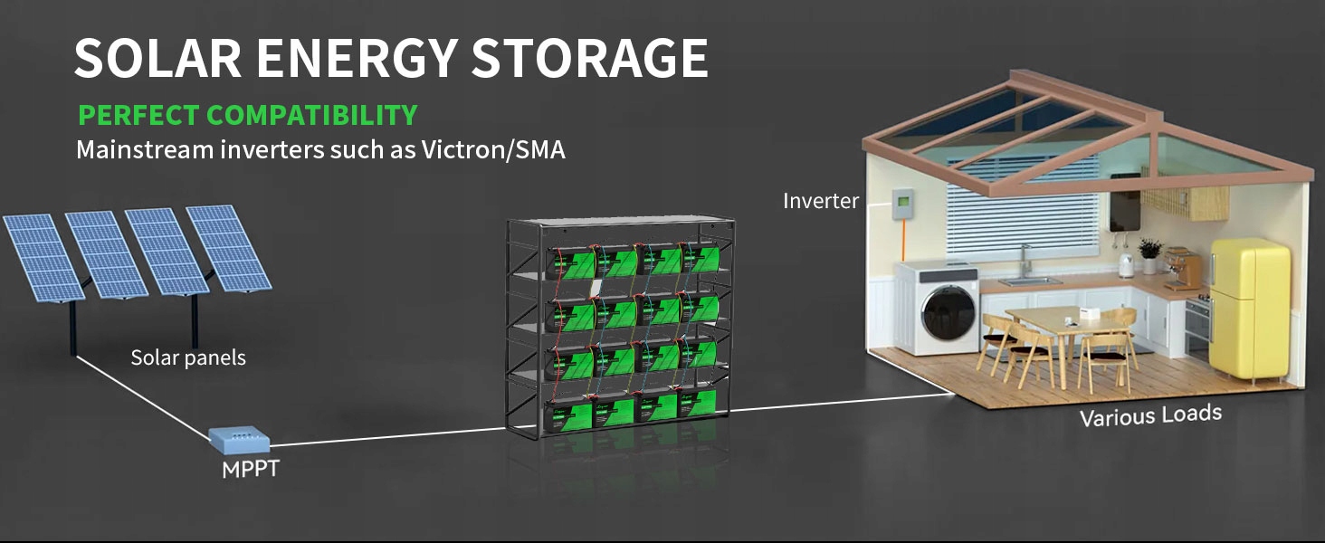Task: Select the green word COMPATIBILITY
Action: (x=312, y=115)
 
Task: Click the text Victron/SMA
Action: (x=493, y=149)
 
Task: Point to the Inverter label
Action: (x=821, y=201)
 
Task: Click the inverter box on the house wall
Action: (x=902, y=204)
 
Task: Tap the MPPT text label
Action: (x=250, y=469)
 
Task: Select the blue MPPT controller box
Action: (x=239, y=440)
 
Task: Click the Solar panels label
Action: (x=188, y=357)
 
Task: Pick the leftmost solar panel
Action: (x=43, y=258)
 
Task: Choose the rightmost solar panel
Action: (x=229, y=248)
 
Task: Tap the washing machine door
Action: (x=948, y=313)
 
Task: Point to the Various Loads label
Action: (x=1150, y=415)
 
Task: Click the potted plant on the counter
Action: (x=1149, y=255)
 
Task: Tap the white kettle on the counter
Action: (x=1124, y=265)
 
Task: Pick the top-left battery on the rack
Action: (x=571, y=262)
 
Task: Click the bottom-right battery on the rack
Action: (x=698, y=403)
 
